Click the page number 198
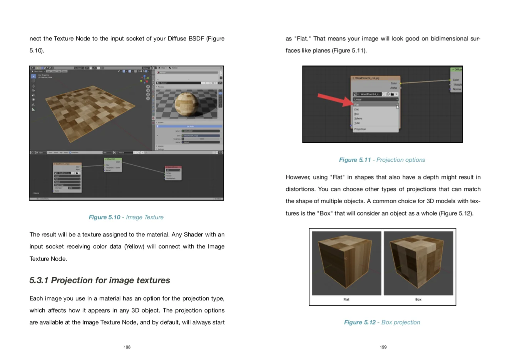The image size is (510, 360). click(127, 347)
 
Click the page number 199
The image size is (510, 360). click(383, 347)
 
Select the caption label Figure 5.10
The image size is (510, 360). click(104, 217)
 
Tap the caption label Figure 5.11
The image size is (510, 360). click(354, 160)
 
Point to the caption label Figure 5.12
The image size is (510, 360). click(360, 322)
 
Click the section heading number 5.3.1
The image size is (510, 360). click(39, 280)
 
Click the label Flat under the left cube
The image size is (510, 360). click(346, 299)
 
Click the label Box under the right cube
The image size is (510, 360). click(418, 299)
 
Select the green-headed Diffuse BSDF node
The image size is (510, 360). click(113, 164)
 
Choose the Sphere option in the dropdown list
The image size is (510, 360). click(358, 119)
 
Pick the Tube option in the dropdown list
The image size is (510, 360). click(357, 123)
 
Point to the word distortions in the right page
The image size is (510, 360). click(301, 189)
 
